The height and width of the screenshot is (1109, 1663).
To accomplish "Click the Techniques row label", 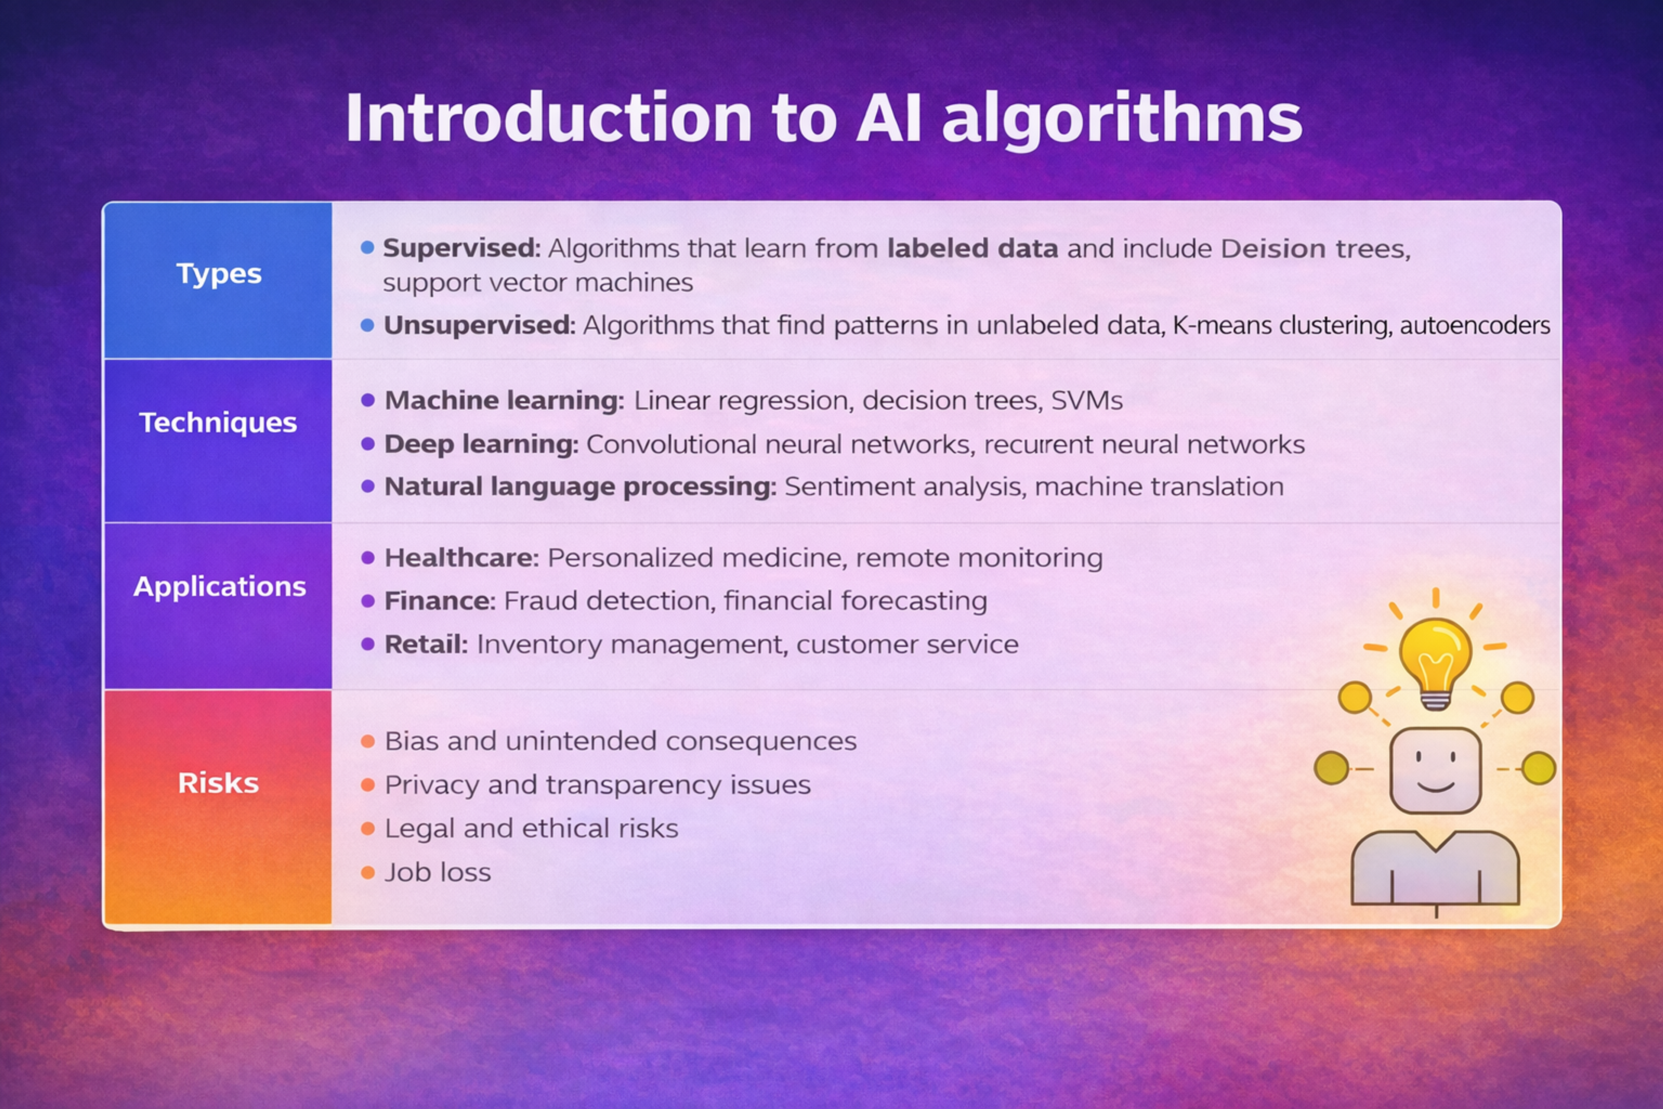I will (x=218, y=422).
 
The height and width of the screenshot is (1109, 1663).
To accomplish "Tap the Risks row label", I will (x=218, y=783).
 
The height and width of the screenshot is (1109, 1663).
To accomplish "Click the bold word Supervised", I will (x=461, y=248).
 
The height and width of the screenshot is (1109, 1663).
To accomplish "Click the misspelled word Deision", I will (x=1273, y=248).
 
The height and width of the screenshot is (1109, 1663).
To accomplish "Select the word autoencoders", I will (x=1474, y=325).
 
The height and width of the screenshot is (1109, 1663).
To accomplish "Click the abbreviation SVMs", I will (x=1086, y=400).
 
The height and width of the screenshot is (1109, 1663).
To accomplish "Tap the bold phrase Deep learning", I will (x=481, y=444).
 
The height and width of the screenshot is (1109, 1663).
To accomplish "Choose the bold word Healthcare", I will (x=461, y=558).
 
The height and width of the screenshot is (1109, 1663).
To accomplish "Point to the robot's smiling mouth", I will (x=1435, y=787).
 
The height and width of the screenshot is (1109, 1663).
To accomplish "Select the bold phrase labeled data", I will (x=972, y=248).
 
